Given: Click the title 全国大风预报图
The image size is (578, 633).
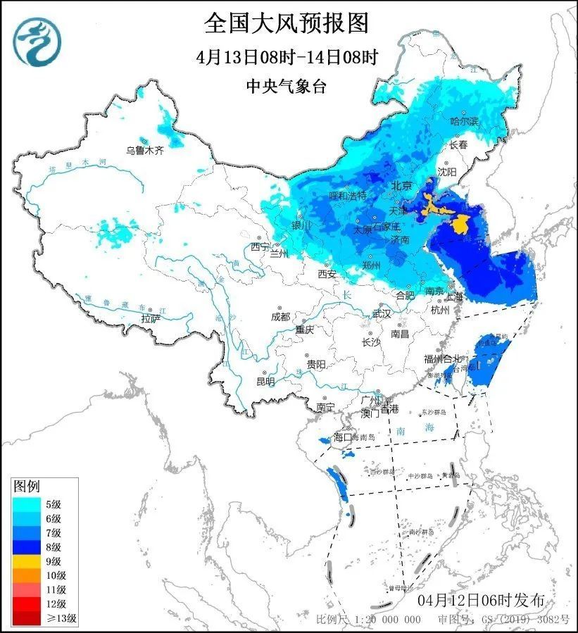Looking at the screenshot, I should [x=287, y=24].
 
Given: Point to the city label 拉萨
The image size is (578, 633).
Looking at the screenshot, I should [x=151, y=318].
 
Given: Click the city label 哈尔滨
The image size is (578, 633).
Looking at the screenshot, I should [x=464, y=122].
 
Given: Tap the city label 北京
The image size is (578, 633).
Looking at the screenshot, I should [x=401, y=187].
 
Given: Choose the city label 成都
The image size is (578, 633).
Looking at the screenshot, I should [x=280, y=317].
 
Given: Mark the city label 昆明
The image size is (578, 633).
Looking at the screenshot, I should [x=265, y=382].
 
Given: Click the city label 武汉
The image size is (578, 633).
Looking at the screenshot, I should [x=381, y=313].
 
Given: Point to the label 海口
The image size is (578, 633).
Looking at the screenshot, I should [x=342, y=437].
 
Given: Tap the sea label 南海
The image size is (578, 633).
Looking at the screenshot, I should [x=406, y=430].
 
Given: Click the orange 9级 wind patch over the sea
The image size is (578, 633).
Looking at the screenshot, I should [x=461, y=225].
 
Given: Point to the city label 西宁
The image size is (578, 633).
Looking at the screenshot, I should [x=258, y=247].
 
